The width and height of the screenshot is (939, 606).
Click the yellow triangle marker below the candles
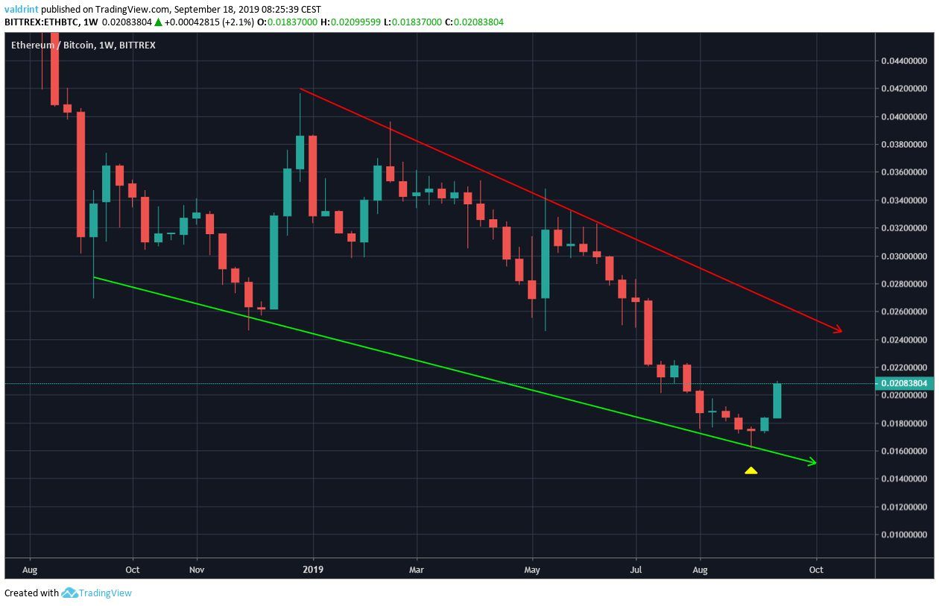tap(750, 470)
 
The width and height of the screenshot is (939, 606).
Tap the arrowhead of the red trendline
tap(838, 329)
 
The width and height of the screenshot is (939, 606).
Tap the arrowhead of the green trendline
tap(812, 463)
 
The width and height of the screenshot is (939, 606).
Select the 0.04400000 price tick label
tap(905, 60)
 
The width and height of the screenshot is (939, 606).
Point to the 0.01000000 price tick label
tap(905, 535)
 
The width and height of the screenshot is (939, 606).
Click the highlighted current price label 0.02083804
tap(905, 383)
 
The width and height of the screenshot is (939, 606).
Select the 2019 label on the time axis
tap(313, 569)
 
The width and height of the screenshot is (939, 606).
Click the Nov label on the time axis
tap(197, 569)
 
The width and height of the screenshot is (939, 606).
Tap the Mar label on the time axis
tap(417, 569)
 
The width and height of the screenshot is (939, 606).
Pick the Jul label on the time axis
tap(636, 569)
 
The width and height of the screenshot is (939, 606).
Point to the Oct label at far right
tap(816, 569)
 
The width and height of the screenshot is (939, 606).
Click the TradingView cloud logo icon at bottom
tap(70, 593)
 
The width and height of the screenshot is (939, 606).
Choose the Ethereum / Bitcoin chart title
tap(52, 45)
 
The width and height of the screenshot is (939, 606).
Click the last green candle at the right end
tap(777, 400)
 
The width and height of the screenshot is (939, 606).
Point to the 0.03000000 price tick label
tap(905, 256)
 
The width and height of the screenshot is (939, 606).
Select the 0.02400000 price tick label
tap(905, 340)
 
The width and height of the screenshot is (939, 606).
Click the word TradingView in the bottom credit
tap(107, 593)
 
